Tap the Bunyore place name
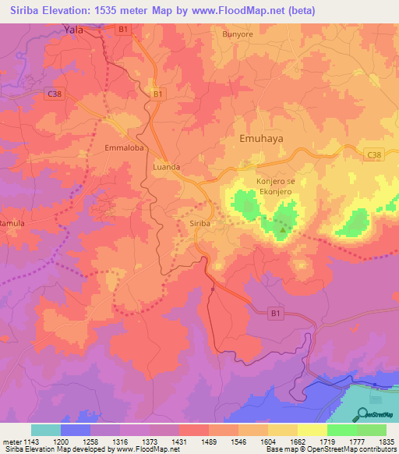[238, 35]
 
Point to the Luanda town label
[167, 167]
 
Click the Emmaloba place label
[125, 147]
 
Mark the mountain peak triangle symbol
[283, 229]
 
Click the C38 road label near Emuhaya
[374, 155]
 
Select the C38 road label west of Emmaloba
[54, 94]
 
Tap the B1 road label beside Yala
[122, 29]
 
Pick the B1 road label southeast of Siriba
[274, 312]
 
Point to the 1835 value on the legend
[387, 442]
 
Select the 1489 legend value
[208, 442]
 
